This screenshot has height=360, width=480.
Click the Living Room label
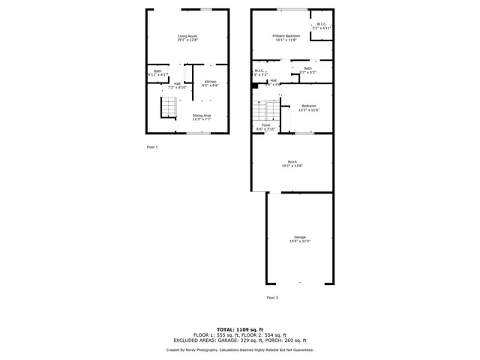click(x=187, y=38)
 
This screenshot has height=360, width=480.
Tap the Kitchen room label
click(x=211, y=83)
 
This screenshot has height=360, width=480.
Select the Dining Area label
click(x=202, y=117)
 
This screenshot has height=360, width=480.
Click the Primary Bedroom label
click(x=286, y=38)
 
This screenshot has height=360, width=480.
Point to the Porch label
click(x=292, y=163)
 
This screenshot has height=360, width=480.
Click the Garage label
click(x=300, y=238)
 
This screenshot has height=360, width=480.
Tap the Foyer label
click(x=266, y=127)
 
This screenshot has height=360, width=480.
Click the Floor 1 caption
click(x=152, y=147)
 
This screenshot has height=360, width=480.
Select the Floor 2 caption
click(x=272, y=298)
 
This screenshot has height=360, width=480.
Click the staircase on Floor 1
click(x=168, y=109)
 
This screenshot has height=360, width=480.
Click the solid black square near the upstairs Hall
click(x=256, y=85)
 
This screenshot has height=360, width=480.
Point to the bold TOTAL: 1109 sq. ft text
click(x=240, y=329)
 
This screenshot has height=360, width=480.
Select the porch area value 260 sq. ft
click(x=299, y=341)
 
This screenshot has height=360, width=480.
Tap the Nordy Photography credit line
click(x=240, y=349)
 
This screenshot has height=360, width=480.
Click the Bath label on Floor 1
click(x=157, y=73)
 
